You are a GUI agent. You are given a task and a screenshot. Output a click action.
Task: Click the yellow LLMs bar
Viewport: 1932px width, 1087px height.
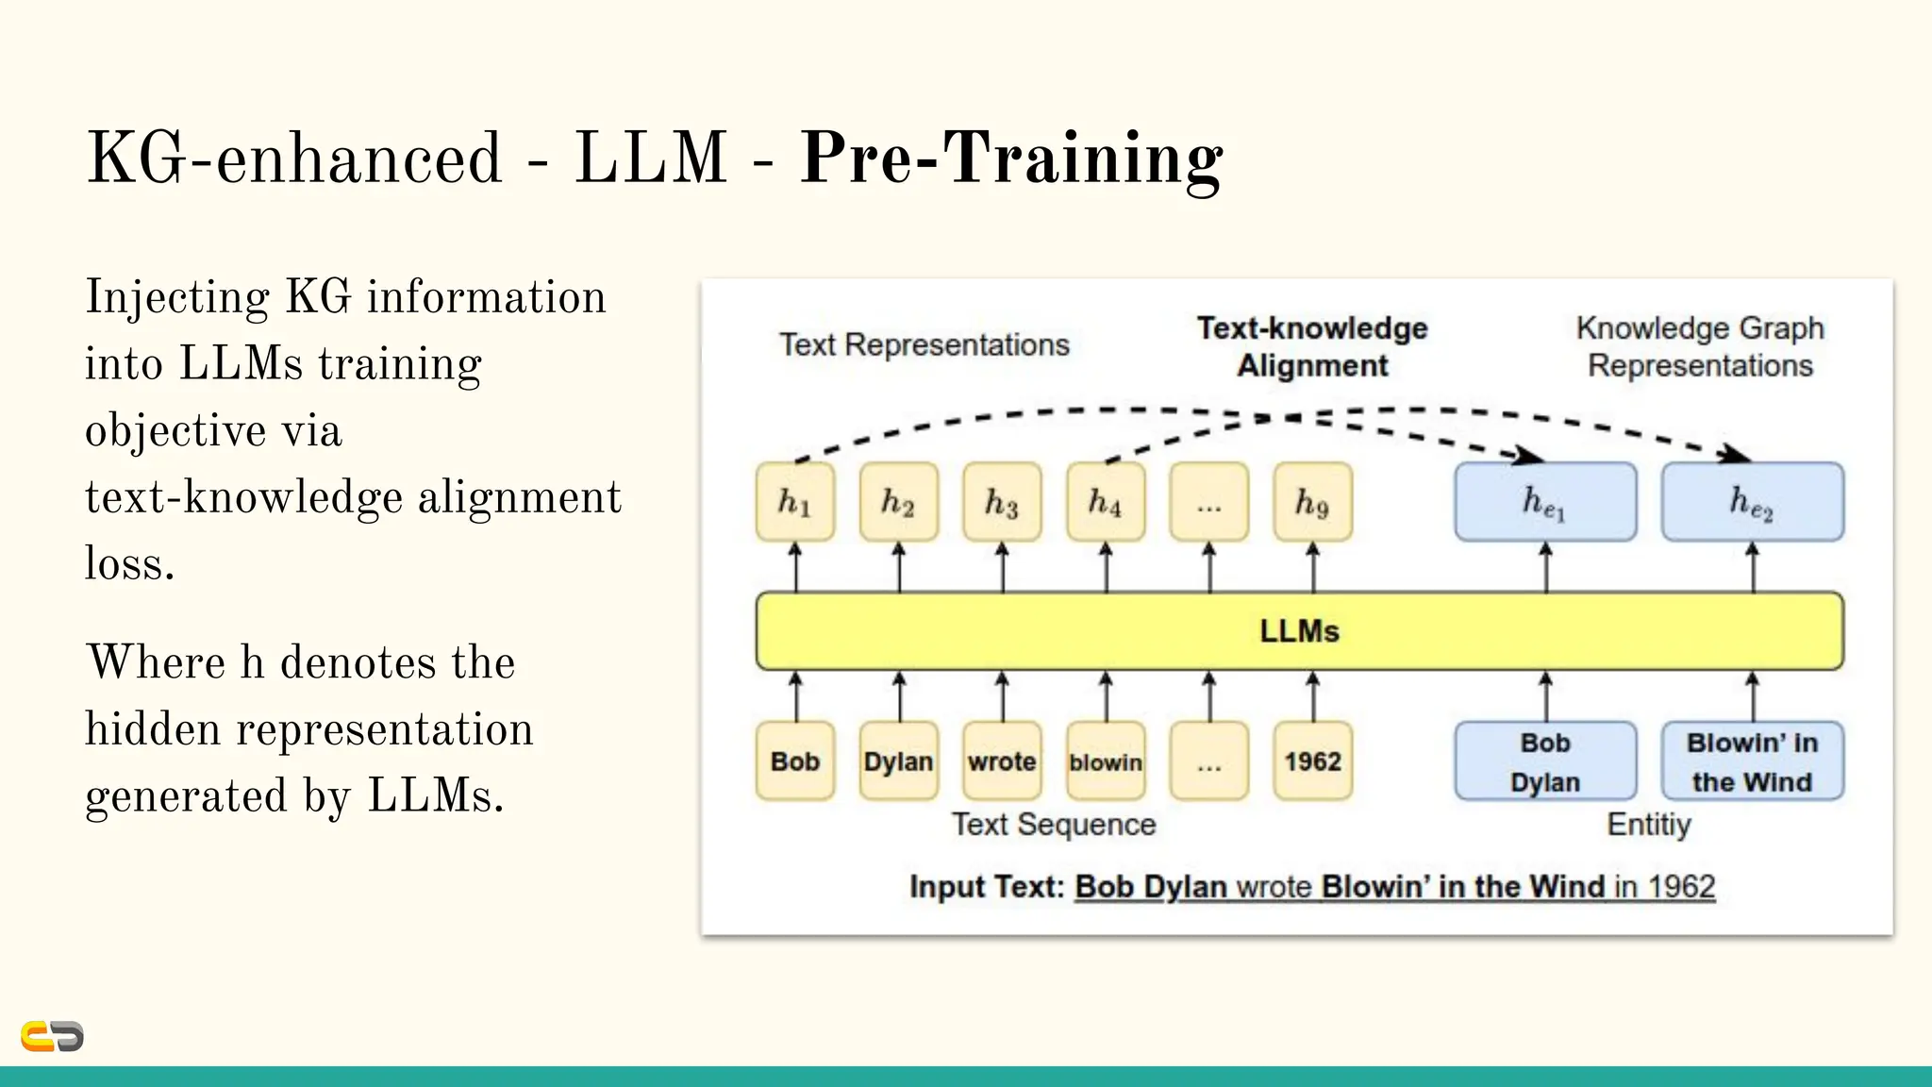click(1299, 630)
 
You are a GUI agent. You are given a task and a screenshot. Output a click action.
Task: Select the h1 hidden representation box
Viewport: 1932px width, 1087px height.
click(794, 501)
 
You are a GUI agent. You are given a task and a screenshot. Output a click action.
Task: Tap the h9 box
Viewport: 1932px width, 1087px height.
click(1312, 501)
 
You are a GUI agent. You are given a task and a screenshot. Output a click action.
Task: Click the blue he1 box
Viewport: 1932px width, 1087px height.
click(1544, 501)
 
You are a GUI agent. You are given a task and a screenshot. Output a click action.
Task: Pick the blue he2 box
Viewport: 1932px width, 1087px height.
click(1752, 501)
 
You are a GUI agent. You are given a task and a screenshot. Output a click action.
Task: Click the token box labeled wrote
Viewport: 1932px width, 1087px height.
click(1002, 761)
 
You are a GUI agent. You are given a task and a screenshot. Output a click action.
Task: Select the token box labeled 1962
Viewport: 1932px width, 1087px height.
click(1312, 761)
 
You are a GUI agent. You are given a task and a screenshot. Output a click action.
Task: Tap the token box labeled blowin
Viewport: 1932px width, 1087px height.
click(1106, 761)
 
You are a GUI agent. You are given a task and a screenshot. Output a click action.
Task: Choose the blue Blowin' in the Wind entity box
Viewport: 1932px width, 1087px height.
click(1752, 761)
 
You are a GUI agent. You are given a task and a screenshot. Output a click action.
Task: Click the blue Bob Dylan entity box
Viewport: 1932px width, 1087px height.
click(1544, 761)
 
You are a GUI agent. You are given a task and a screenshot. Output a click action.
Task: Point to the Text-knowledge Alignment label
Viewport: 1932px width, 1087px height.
click(1312, 346)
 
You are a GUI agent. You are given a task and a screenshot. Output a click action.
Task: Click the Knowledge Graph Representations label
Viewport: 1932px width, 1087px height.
click(1700, 346)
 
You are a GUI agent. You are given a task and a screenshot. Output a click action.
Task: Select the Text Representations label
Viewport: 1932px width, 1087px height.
click(924, 344)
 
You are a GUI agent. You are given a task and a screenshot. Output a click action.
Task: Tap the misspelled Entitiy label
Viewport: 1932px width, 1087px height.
click(1648, 824)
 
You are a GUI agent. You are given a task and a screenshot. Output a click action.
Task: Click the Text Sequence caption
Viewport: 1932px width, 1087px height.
click(1053, 824)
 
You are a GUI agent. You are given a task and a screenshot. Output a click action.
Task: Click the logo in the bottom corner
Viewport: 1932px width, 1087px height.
click(52, 1036)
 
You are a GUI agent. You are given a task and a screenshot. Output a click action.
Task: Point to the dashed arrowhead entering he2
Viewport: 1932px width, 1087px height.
click(1734, 454)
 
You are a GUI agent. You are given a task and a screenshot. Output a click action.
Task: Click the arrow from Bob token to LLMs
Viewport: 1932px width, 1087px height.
click(795, 696)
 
